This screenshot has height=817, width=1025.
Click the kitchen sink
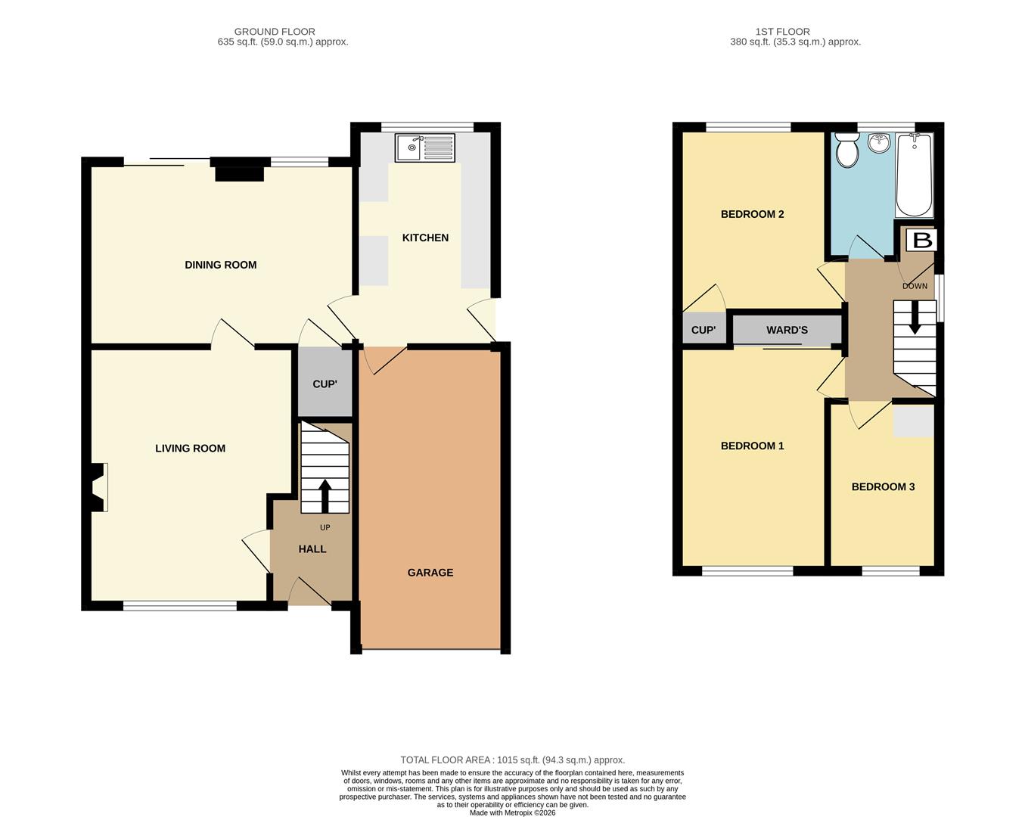click(x=425, y=148)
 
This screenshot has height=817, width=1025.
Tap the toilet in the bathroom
click(x=847, y=150)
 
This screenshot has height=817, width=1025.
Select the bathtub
click(x=914, y=175)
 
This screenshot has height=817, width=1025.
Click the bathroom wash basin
click(x=878, y=143)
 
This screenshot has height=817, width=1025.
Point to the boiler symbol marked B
click(x=921, y=240)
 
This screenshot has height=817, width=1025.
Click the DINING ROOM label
click(x=221, y=265)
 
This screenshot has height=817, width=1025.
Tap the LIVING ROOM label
click(x=190, y=449)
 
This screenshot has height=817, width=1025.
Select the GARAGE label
click(x=430, y=573)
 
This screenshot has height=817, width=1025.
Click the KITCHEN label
click(x=425, y=238)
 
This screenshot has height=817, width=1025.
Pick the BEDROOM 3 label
click(x=883, y=487)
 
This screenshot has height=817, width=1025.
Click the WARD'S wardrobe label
click(x=787, y=330)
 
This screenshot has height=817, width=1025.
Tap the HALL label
click(x=312, y=549)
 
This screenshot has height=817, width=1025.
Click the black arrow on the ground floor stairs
click(x=325, y=496)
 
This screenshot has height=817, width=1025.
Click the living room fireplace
click(x=98, y=487)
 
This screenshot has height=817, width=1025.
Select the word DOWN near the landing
click(x=915, y=286)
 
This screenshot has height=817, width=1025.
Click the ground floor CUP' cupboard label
click(x=325, y=384)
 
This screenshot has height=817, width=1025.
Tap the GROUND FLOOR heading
click(x=275, y=32)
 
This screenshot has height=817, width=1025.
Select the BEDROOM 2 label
click(x=752, y=214)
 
